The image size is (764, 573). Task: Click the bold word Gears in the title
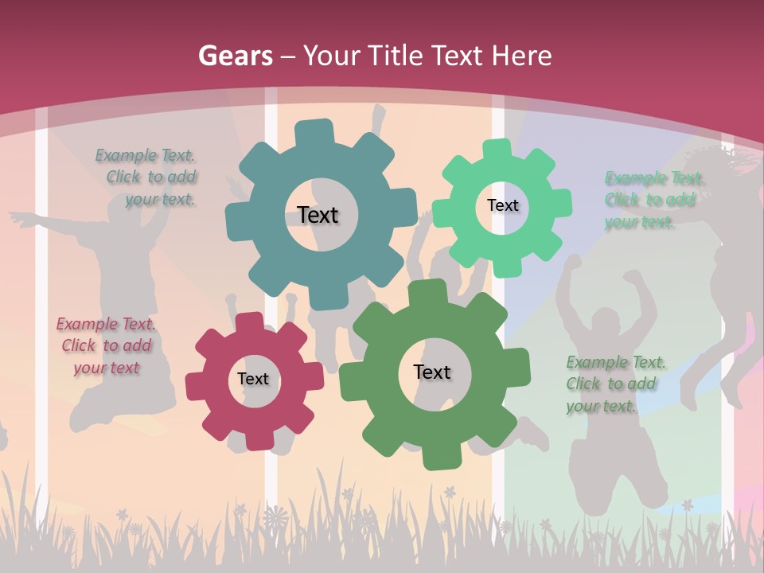(x=236, y=56)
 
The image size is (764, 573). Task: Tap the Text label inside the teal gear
(x=318, y=215)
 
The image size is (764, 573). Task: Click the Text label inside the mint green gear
(x=502, y=205)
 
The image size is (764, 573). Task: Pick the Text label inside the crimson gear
(x=253, y=380)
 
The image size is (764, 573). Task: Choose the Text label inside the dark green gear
(x=432, y=372)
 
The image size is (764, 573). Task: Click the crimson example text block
(x=106, y=345)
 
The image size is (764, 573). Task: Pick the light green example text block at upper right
(x=654, y=200)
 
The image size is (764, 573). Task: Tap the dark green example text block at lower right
(x=615, y=384)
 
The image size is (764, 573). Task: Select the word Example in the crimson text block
(x=87, y=324)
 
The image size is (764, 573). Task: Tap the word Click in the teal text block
(x=123, y=177)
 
